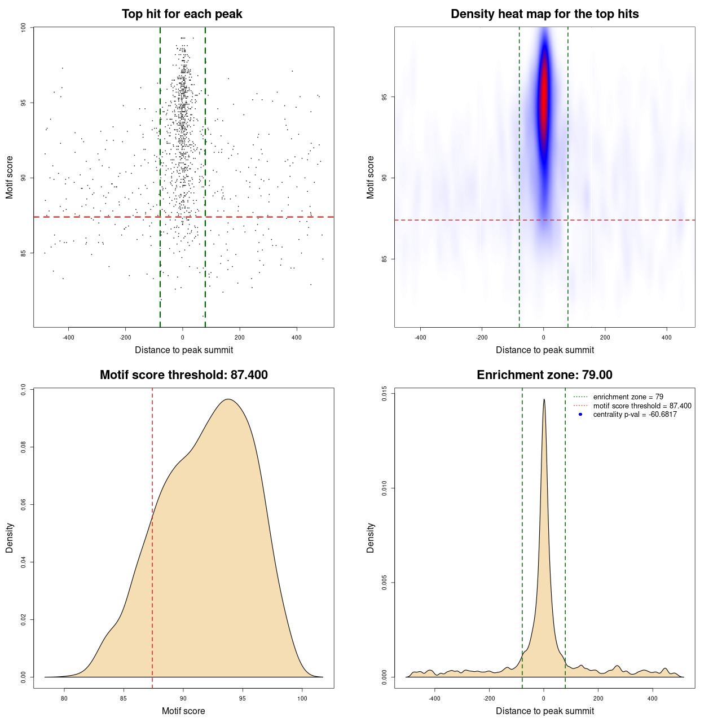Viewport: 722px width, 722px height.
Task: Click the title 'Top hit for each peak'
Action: tap(182, 14)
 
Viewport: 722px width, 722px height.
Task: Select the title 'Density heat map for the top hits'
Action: tap(544, 14)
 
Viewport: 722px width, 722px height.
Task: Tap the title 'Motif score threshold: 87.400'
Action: tap(183, 375)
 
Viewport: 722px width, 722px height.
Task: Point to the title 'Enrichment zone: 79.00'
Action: tap(544, 375)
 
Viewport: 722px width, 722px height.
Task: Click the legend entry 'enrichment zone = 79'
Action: tap(628, 397)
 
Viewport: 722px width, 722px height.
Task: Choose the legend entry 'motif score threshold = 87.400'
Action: tap(642, 406)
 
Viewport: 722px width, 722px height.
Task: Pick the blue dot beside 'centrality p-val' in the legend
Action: tap(580, 415)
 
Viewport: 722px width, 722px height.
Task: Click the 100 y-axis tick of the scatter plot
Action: tap(24, 28)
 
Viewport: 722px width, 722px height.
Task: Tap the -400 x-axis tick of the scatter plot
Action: tap(68, 337)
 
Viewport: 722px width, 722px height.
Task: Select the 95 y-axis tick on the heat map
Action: tap(385, 97)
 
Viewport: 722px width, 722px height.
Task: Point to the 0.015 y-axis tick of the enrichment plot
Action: tap(385, 393)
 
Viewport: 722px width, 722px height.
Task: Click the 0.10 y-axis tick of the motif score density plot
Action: tap(24, 389)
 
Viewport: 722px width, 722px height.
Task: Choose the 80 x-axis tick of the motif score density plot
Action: tap(64, 698)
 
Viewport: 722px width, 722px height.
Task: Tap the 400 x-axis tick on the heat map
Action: tap(667, 337)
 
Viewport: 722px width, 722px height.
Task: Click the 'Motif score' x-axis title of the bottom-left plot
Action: tap(183, 711)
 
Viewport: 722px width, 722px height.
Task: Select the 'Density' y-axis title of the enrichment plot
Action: tap(371, 538)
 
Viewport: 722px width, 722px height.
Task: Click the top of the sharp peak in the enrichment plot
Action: tap(544, 399)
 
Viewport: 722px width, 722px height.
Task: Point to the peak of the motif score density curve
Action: tap(228, 399)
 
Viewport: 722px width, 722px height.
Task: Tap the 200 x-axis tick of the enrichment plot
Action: tap(598, 698)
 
